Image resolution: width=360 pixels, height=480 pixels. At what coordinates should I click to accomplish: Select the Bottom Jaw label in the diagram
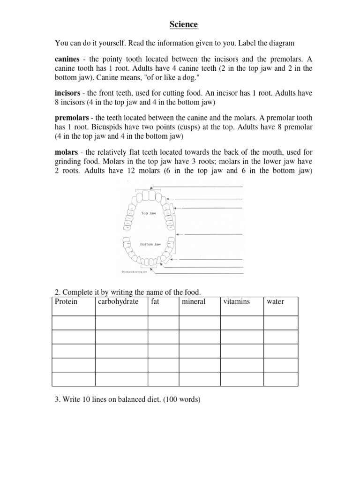(x=150, y=244)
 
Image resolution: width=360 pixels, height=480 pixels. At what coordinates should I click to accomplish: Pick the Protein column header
(x=66, y=301)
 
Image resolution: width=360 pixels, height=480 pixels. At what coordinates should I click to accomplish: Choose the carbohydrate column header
(x=118, y=301)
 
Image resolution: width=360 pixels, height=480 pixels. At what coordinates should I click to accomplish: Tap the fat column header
(x=155, y=301)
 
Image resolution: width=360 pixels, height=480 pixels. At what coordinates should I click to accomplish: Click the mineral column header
(x=194, y=301)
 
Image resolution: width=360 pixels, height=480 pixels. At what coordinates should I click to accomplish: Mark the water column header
(x=275, y=301)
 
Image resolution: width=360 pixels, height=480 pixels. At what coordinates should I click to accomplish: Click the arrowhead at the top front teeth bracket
(x=163, y=187)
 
